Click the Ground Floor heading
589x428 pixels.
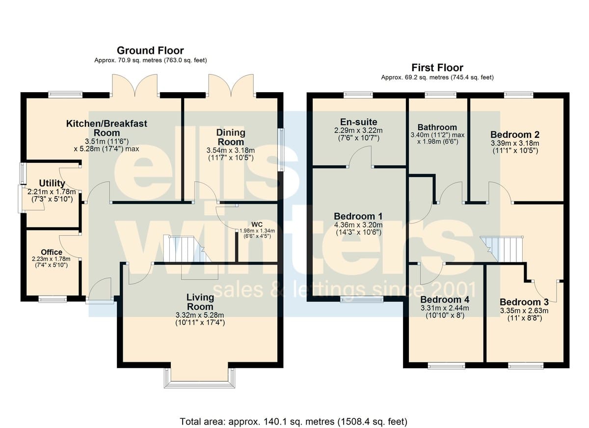pyautogui.click(x=150, y=50)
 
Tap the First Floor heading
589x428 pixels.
pyautogui.click(x=437, y=68)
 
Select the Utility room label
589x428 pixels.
pyautogui.click(x=52, y=183)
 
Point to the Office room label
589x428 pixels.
pyautogui.click(x=52, y=252)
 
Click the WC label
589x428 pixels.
pyautogui.click(x=257, y=225)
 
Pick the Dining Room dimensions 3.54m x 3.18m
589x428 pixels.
pyautogui.click(x=231, y=151)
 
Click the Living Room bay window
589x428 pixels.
pyautogui.click(x=199, y=378)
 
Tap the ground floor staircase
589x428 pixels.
pyautogui.click(x=187, y=249)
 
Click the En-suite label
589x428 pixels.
pyautogui.click(x=358, y=122)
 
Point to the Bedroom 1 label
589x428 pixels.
pyautogui.click(x=358, y=216)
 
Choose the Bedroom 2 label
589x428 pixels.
pyautogui.click(x=515, y=135)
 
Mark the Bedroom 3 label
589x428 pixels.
pyautogui.click(x=524, y=302)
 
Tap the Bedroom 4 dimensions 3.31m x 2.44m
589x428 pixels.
pyautogui.click(x=445, y=308)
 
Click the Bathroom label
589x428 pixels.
pyautogui.click(x=437, y=127)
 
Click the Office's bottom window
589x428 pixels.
pyautogui.click(x=53, y=299)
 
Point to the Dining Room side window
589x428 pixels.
pyautogui.click(x=281, y=150)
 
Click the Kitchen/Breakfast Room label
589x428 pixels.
pyautogui.click(x=107, y=128)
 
